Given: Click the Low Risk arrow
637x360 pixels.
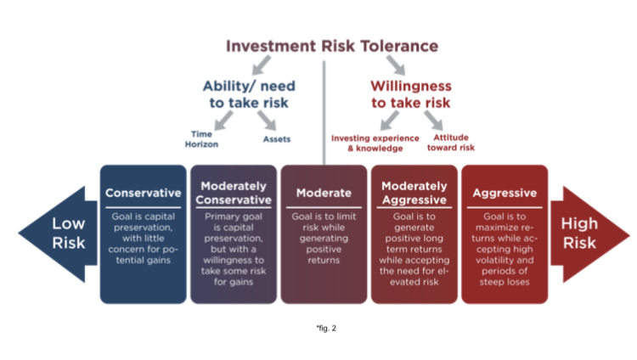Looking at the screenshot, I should tap(59, 233).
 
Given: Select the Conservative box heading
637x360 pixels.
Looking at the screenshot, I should tap(143, 193).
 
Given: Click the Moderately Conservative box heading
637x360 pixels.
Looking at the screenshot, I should tap(234, 193).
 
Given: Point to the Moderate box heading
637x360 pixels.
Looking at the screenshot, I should tap(324, 193).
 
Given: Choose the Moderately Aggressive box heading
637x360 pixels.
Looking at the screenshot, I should tap(414, 193).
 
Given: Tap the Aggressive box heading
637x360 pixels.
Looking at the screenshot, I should tap(504, 193).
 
